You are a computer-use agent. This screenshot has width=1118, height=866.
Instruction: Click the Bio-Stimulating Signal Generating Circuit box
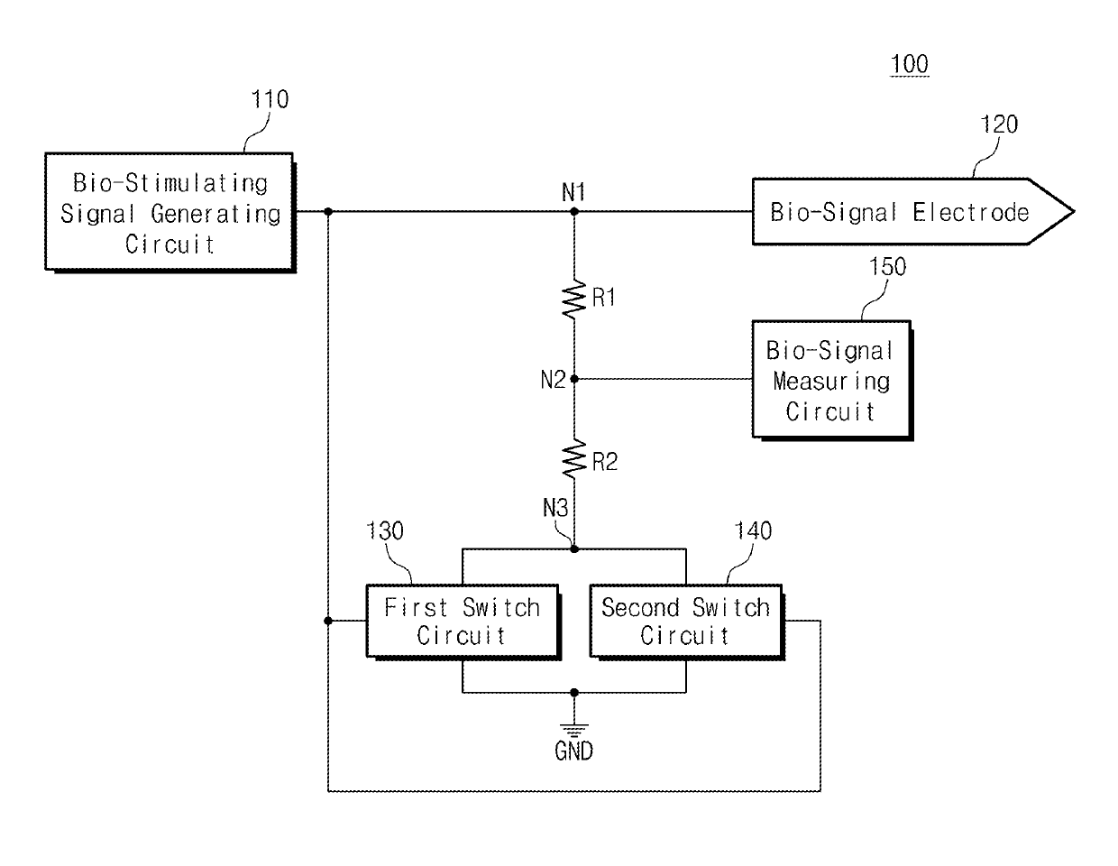[170, 213]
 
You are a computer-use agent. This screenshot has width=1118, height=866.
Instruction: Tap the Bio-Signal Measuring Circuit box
[832, 381]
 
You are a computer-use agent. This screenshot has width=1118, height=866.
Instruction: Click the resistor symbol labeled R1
[574, 299]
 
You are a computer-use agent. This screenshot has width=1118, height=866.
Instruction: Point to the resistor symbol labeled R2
[574, 459]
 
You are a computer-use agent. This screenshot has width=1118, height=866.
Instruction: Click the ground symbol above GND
[574, 730]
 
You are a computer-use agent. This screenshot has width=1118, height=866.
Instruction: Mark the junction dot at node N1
[574, 211]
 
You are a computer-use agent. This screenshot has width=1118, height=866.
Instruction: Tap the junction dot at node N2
[574, 379]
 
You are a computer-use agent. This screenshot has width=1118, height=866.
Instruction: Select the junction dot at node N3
[574, 549]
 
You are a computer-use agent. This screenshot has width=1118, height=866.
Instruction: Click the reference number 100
[909, 64]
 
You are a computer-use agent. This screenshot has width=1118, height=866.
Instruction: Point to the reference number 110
[270, 99]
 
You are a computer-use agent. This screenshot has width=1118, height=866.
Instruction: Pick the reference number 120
[999, 124]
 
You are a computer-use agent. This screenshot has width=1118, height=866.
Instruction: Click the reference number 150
[887, 266]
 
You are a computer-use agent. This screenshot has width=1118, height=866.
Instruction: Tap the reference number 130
[384, 530]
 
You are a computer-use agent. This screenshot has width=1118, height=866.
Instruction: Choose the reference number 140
[753, 530]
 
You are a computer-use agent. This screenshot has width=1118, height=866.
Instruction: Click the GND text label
[573, 751]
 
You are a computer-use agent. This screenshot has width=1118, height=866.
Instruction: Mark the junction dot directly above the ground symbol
[574, 693]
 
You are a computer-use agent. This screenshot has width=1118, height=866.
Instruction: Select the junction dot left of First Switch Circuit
[328, 621]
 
